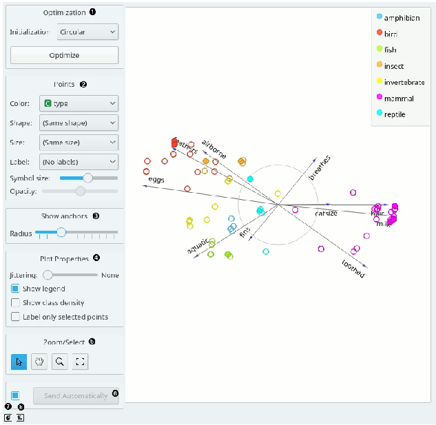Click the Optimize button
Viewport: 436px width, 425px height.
tap(64, 55)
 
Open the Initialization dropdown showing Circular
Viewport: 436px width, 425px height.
tap(88, 32)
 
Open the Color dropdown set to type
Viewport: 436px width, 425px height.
tap(78, 103)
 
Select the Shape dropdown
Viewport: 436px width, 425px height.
tap(78, 123)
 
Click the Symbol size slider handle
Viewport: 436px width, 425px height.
tap(87, 178)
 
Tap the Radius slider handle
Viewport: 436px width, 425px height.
tap(61, 233)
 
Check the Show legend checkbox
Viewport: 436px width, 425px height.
tap(16, 289)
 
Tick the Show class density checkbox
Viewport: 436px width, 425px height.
tap(16, 302)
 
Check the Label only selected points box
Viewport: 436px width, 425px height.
tap(16, 317)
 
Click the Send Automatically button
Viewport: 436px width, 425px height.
tap(76, 395)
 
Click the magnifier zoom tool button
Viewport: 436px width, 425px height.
tap(61, 361)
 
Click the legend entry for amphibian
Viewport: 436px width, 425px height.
tap(402, 18)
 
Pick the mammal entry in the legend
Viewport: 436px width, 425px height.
tap(399, 99)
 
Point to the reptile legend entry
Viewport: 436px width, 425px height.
tap(395, 114)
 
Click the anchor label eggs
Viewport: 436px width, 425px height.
tap(156, 180)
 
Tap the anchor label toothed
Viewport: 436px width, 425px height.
tap(353, 269)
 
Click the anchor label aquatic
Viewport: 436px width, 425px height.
tap(197, 247)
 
